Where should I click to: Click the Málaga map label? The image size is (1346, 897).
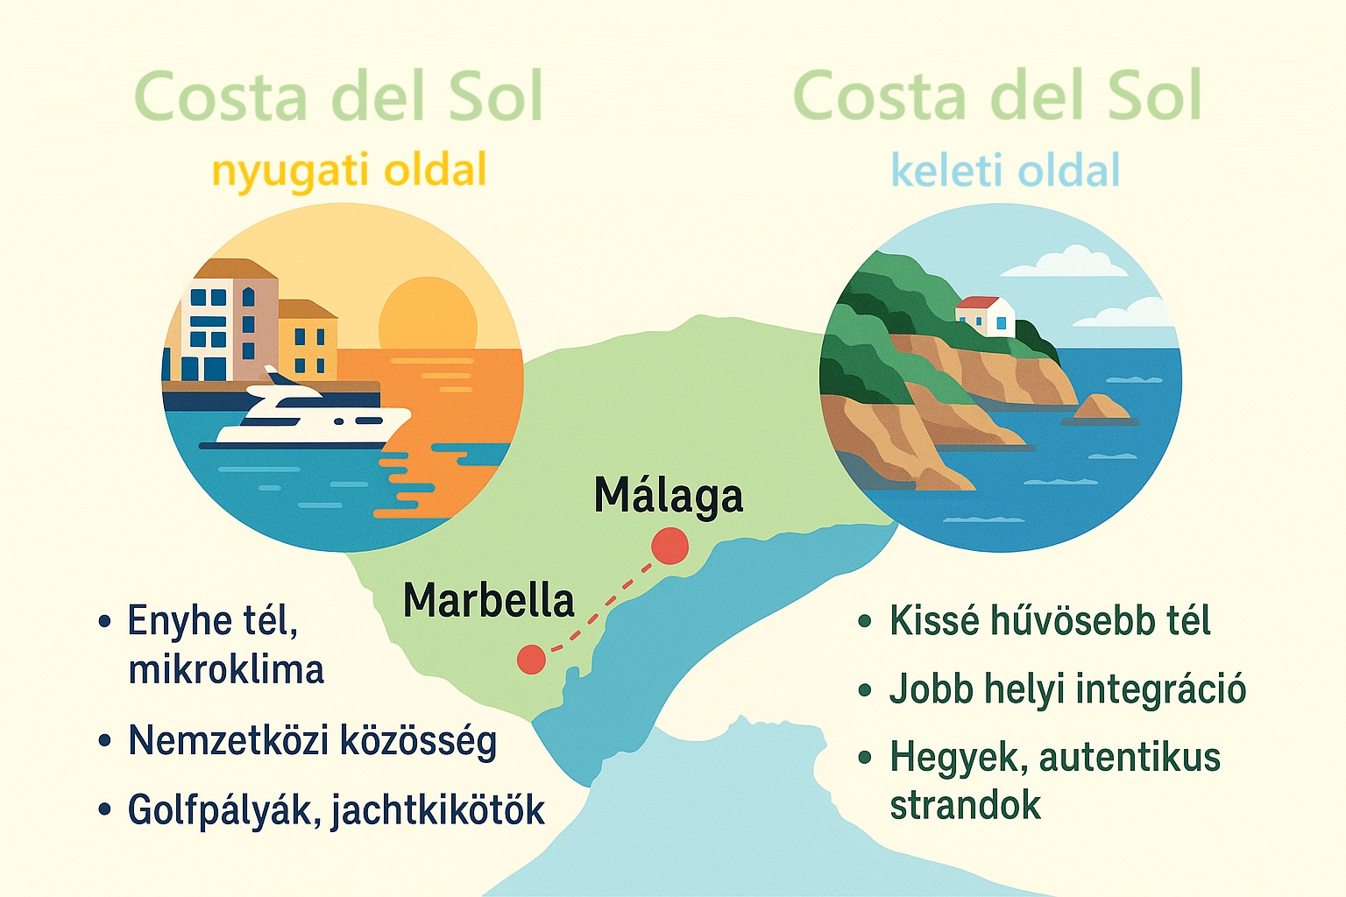click(x=669, y=497)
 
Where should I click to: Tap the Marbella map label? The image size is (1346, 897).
click(x=488, y=600)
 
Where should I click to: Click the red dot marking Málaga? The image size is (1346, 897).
click(x=669, y=546)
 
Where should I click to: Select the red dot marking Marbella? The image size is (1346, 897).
click(x=531, y=659)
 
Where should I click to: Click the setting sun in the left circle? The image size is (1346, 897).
click(x=428, y=313)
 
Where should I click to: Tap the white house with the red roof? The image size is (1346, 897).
click(x=985, y=316)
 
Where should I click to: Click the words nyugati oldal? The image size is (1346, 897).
click(x=349, y=170)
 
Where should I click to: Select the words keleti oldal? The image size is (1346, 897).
click(x=1005, y=169)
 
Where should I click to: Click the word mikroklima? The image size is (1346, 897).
click(x=226, y=670)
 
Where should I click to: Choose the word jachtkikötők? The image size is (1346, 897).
click(x=438, y=810)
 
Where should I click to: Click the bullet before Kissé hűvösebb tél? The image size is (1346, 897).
click(x=865, y=621)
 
